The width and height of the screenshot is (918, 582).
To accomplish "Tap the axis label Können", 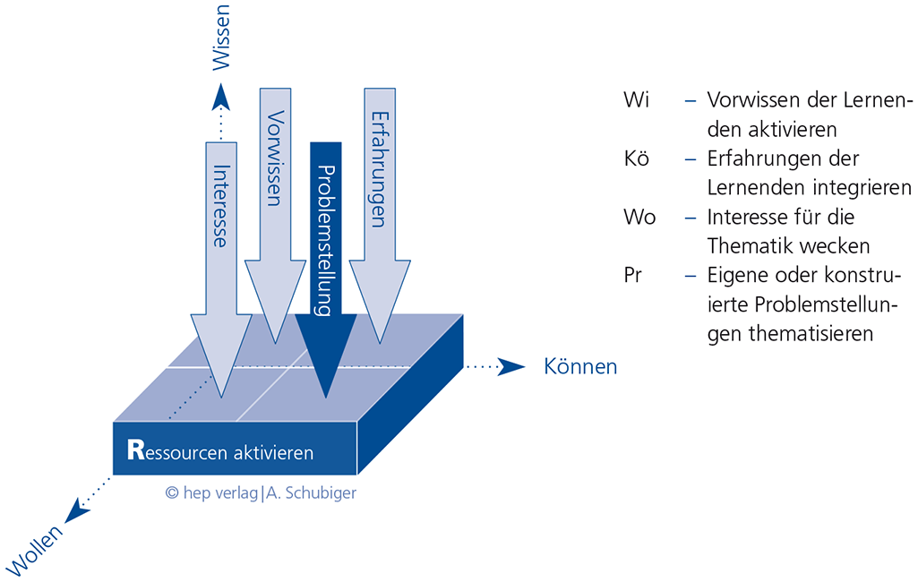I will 580,366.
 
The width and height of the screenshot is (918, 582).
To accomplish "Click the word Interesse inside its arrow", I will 220,205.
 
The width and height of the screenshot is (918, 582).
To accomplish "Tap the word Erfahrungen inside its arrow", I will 379,169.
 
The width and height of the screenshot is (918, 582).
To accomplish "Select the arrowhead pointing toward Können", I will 511,366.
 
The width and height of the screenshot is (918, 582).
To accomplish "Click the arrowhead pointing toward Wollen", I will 80,513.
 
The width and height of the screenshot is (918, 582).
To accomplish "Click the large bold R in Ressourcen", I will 135,449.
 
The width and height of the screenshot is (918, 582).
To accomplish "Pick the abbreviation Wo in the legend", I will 639,218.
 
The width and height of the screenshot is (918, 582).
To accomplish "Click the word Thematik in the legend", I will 751,245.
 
